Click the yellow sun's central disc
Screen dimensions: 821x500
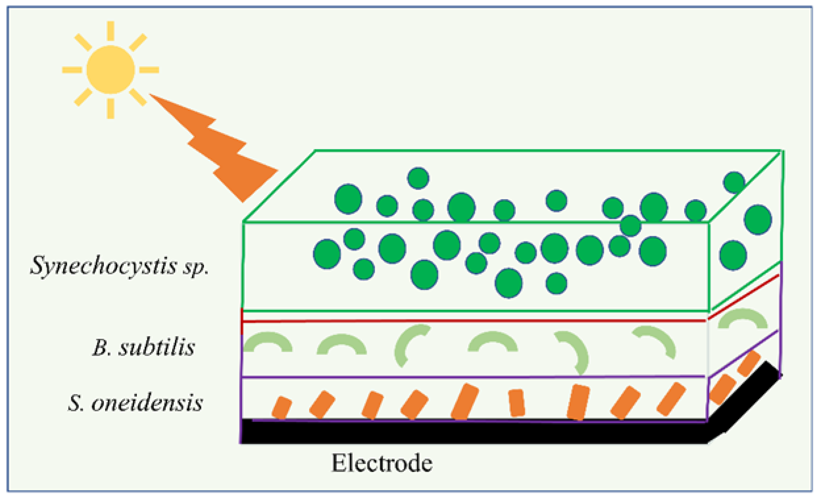(110, 70)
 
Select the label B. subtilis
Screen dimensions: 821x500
(144, 347)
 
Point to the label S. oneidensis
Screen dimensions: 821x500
(135, 403)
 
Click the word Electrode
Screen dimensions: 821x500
(382, 463)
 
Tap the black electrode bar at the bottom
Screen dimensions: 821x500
(473, 432)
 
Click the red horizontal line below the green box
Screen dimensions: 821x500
(474, 321)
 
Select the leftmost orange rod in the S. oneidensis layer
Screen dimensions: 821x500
(282, 407)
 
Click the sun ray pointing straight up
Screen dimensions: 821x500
(110, 31)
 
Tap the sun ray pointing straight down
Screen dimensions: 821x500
(110, 108)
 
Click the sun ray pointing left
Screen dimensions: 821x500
(72, 70)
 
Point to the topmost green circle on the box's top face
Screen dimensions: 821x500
(418, 178)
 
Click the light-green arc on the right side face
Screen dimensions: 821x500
(743, 318)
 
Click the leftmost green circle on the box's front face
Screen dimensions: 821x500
(327, 254)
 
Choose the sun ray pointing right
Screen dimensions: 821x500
(149, 70)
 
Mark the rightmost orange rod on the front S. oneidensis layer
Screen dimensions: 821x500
(671, 399)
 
